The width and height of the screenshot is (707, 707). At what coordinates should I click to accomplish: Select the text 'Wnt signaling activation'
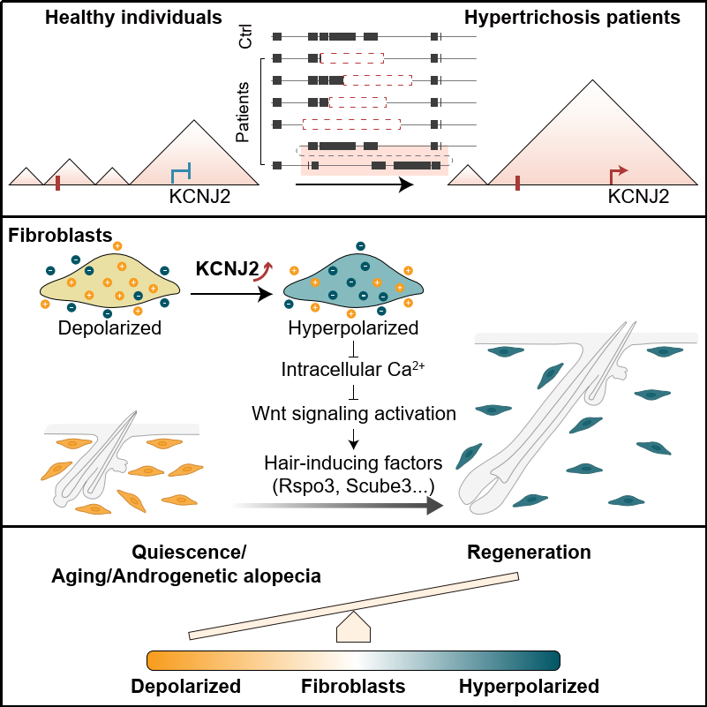pos(352,412)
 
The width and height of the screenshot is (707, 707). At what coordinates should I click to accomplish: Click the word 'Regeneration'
pos(528,553)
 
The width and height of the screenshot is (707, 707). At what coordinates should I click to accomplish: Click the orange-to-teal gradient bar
pos(353,660)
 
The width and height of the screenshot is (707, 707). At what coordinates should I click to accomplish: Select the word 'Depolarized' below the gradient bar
pos(186,687)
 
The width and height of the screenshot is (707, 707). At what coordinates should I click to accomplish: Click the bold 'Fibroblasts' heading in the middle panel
pos(60,237)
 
